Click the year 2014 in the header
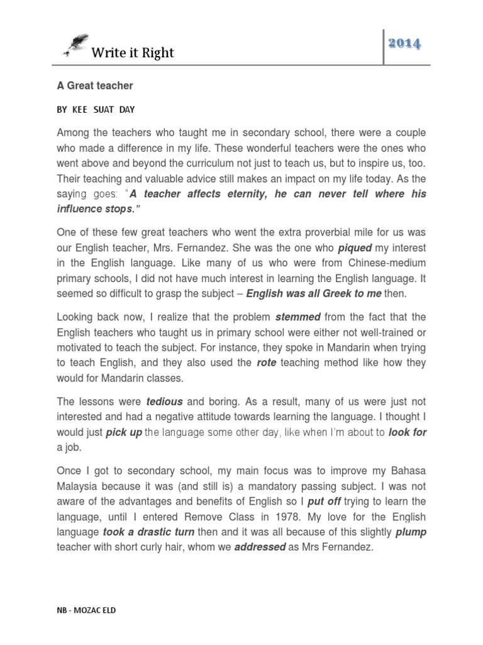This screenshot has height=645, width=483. tap(404, 43)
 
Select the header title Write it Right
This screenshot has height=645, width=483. tap(133, 53)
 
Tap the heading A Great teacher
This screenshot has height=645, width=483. tap(95, 85)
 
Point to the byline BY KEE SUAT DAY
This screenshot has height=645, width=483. tap(96, 109)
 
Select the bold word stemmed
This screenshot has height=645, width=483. tap(298, 316)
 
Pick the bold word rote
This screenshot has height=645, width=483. tap(267, 362)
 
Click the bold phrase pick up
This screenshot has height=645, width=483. tap(124, 431)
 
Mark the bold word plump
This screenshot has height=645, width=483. tap(411, 532)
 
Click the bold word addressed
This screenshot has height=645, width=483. tap(260, 547)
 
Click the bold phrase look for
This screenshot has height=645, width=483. tap(408, 431)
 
